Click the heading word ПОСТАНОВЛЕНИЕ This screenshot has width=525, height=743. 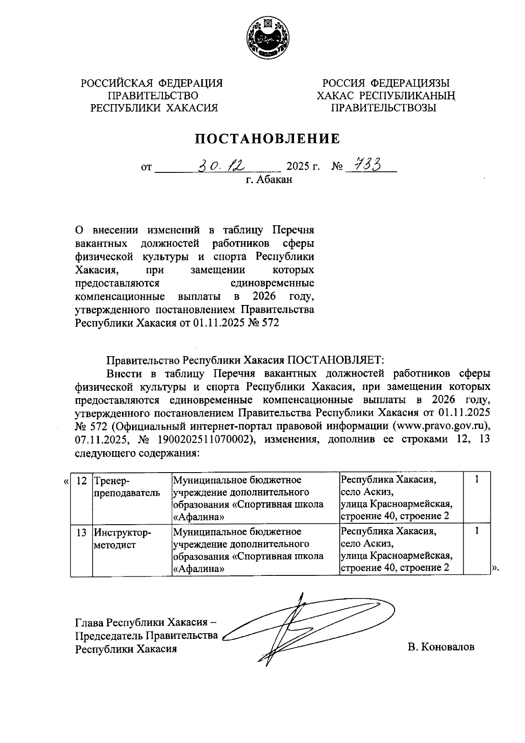[x=267, y=139]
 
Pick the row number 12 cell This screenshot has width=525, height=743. [x=81, y=480]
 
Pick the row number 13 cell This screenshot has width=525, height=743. [x=81, y=532]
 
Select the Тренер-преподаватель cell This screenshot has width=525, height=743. [x=126, y=487]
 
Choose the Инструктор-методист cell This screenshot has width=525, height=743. [x=122, y=538]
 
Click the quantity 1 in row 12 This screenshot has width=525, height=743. [x=476, y=480]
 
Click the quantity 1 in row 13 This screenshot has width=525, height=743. [x=476, y=531]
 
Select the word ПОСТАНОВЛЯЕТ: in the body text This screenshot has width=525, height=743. [x=335, y=360]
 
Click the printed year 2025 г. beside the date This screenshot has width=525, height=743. [x=303, y=167]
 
